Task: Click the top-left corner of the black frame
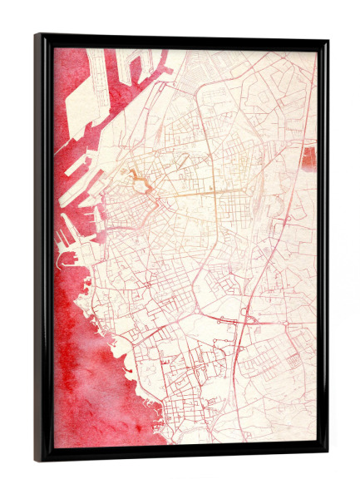click(x=37, y=36)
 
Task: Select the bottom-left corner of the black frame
click(x=37, y=460)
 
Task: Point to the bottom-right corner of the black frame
click(x=327, y=456)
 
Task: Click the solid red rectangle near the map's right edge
click(x=309, y=158)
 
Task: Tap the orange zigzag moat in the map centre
click(x=138, y=180)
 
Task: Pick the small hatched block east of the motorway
click(x=293, y=360)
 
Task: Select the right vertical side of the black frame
click(x=323, y=249)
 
